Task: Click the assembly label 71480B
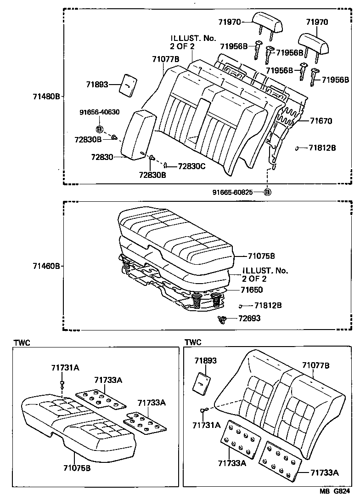(46, 97)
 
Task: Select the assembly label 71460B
(46, 266)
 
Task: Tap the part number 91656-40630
(99, 112)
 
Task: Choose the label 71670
(321, 121)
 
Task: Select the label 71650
(252, 290)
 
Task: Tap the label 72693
(250, 319)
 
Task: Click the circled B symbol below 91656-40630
(99, 129)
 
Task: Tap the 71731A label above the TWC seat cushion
(65, 367)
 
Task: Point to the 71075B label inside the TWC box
(77, 468)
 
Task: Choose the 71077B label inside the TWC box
(315, 365)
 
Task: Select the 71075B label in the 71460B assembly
(261, 256)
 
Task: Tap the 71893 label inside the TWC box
(206, 361)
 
